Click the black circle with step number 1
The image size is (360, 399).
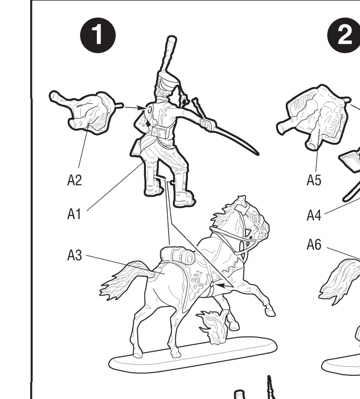[x=98, y=35]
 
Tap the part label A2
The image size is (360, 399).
[x=74, y=180]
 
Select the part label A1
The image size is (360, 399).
[x=74, y=214]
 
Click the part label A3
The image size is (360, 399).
[x=74, y=255]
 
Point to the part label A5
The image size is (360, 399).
[x=314, y=180]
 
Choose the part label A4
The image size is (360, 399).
[x=314, y=215]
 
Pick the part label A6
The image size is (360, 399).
[x=314, y=245]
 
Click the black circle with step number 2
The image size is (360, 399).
[x=344, y=35]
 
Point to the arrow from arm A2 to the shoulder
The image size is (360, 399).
[x=135, y=107]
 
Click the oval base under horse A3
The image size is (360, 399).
[x=193, y=355]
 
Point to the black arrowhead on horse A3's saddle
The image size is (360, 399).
[x=221, y=286]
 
